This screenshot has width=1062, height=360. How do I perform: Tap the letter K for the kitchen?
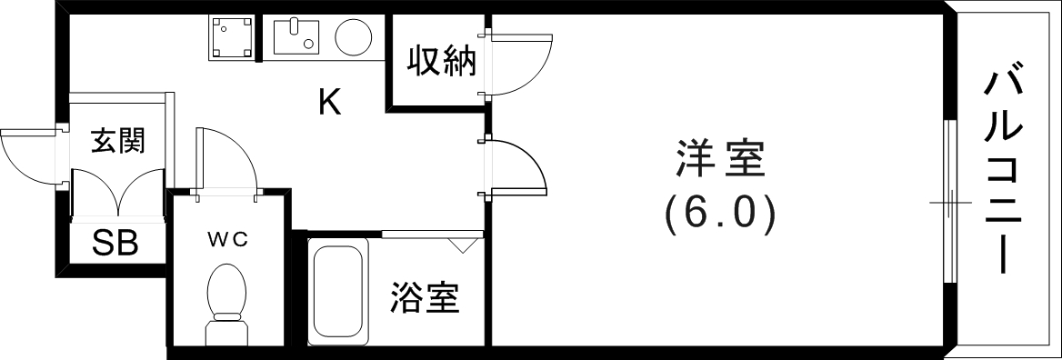coord(329,103)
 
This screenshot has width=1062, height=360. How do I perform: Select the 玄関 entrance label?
coord(117,141)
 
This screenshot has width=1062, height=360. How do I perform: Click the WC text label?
coord(226,239)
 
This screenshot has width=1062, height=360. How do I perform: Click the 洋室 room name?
coord(719,161)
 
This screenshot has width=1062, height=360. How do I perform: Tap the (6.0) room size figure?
coord(719,213)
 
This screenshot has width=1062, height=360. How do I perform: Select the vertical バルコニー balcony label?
coord(1004,173)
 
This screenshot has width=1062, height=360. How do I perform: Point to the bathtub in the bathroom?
coord(338,291)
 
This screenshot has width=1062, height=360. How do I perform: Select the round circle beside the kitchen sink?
coord(353,37)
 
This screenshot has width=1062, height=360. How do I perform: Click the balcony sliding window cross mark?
coord(947,201)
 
